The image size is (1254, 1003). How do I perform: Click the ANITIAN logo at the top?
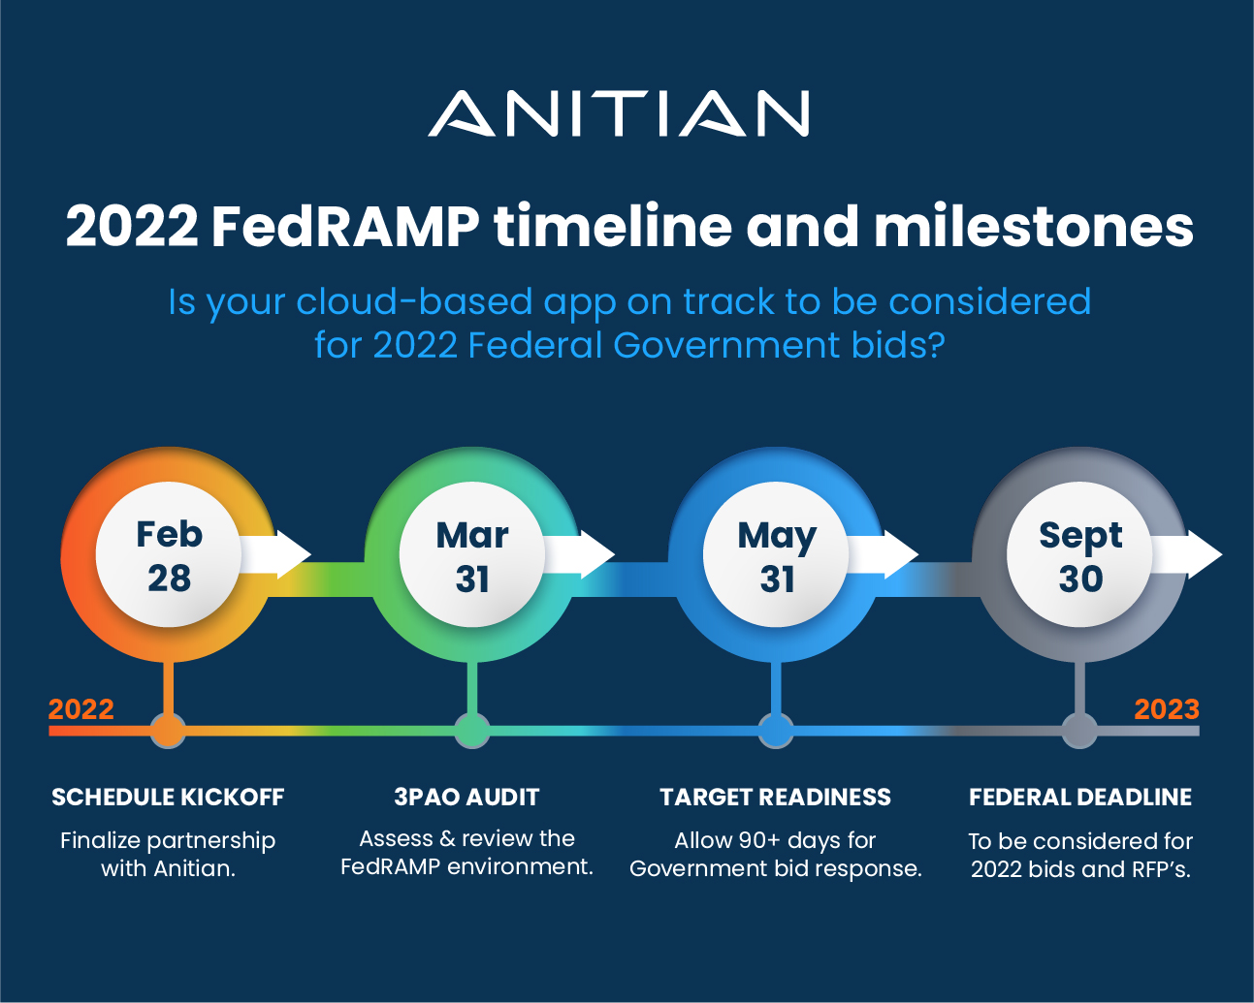tap(619, 113)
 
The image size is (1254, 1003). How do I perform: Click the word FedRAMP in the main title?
tap(344, 227)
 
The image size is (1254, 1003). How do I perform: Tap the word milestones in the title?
tap(1033, 227)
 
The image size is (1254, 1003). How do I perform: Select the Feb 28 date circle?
tap(169, 555)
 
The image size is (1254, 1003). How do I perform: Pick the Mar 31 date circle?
tap(472, 556)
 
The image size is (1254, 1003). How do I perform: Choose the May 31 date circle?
tap(777, 556)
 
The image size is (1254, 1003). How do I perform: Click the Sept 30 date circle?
tap(1080, 556)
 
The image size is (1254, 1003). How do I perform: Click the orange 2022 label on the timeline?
tap(81, 709)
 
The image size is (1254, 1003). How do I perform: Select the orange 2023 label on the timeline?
tap(1167, 709)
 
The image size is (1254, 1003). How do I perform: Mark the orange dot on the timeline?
tap(169, 731)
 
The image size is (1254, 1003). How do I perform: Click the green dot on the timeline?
tap(472, 731)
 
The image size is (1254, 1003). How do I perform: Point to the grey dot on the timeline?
tap(1079, 731)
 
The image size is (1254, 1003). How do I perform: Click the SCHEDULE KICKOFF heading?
tap(168, 798)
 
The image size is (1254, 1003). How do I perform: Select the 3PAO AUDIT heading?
tap(466, 798)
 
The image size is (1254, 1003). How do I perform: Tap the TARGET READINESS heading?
tap(775, 798)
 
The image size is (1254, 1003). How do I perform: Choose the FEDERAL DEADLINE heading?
tap(1080, 798)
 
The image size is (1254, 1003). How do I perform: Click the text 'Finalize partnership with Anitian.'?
tap(168, 854)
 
